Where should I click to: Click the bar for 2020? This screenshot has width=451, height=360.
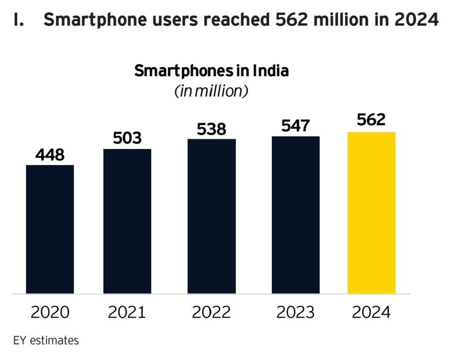tap(50, 229)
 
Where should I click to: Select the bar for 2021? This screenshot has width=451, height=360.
tap(127, 221)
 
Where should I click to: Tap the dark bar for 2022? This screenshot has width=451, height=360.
tap(211, 216)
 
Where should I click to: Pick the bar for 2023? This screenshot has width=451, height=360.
tap(296, 215)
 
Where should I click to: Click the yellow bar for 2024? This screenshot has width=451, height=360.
tap(371, 213)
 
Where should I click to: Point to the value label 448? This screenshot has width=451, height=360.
tap(50, 155)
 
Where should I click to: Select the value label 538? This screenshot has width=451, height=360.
tap(211, 129)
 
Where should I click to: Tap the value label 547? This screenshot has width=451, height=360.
tap(296, 126)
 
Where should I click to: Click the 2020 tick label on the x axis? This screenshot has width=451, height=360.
tap(50, 312)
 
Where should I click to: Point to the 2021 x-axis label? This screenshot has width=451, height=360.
tap(127, 312)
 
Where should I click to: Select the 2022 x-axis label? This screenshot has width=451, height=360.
tap(211, 312)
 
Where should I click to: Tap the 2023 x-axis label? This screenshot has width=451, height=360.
tap(296, 312)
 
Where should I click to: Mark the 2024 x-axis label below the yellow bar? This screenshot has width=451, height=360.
tap(371, 312)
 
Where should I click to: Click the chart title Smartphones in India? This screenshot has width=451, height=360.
tap(211, 71)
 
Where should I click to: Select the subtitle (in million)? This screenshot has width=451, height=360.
tap(211, 91)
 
